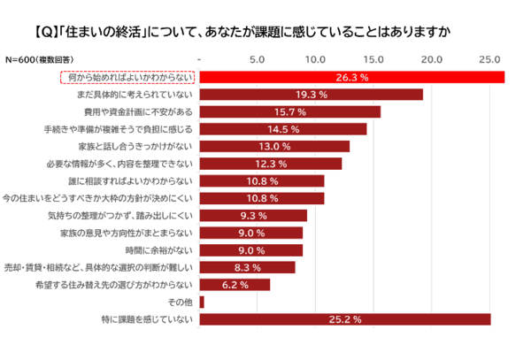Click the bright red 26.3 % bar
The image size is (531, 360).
pyautogui.click(x=352, y=77)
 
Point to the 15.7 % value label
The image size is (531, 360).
pyautogui.click(x=290, y=112)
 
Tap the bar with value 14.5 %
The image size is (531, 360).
pyautogui.click(x=283, y=129)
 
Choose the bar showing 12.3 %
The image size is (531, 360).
pyautogui.click(x=271, y=164)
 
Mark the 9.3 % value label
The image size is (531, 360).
pyautogui.click(x=253, y=215)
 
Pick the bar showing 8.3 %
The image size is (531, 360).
pyautogui.click(x=248, y=267)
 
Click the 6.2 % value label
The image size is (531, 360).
pyautogui.click(x=235, y=285)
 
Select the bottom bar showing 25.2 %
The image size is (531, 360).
pyautogui.click(x=345, y=319)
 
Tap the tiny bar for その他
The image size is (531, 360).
pyautogui.click(x=202, y=302)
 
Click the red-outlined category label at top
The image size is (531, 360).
pyautogui.click(x=127, y=77)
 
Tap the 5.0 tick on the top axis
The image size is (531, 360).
pyautogui.click(x=258, y=60)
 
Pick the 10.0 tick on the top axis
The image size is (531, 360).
pyautogui.click(x=316, y=60)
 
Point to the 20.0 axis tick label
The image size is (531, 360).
pyautogui.click(x=432, y=60)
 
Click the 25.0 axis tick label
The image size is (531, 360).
pyautogui.click(x=490, y=60)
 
